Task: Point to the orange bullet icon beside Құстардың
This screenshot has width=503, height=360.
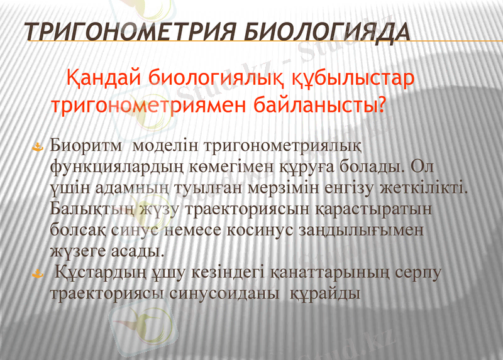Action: coord(38,273)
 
